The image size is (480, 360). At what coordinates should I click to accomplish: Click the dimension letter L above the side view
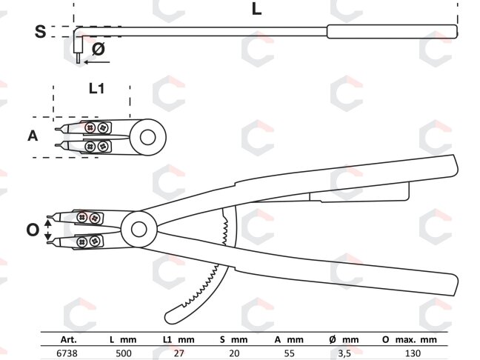point(256,9)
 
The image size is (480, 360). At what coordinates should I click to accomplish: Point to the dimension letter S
point(41,32)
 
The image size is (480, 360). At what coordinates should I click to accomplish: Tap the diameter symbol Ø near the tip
point(99,49)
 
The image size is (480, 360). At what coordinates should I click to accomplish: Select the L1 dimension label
point(96,88)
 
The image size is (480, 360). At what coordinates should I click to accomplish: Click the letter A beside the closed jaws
point(33,136)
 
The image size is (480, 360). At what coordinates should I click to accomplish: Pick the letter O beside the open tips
point(33,230)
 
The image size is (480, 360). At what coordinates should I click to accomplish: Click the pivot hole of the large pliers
point(139,230)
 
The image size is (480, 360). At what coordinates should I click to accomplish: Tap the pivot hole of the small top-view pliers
point(148,137)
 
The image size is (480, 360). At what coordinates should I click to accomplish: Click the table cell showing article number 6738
point(67,353)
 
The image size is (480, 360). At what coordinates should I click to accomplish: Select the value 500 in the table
point(124,353)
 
